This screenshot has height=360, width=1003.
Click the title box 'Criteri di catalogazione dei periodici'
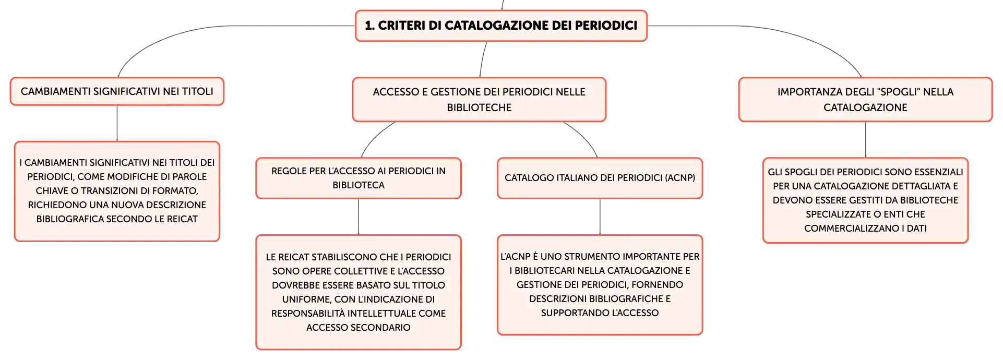click(x=501, y=26)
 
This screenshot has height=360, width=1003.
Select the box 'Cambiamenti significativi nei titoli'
click(x=117, y=91)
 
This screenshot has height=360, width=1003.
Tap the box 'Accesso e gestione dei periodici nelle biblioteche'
click(x=479, y=100)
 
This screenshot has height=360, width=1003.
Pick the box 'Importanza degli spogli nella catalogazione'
click(x=865, y=100)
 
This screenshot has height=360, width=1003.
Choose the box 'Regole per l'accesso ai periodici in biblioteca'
click(x=359, y=178)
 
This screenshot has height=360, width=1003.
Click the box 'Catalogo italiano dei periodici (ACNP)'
click(x=600, y=178)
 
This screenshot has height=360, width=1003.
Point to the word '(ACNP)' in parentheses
click(x=680, y=178)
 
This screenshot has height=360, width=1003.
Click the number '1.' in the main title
click(x=369, y=26)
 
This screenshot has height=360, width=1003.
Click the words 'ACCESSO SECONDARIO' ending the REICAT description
click(x=359, y=328)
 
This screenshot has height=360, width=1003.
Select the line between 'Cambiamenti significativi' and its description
click(x=117, y=123)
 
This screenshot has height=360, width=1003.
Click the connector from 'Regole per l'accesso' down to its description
click(x=359, y=217)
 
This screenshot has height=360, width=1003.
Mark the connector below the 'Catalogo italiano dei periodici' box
click(x=600, y=217)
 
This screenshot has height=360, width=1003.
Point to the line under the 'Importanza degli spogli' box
click(x=865, y=140)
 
